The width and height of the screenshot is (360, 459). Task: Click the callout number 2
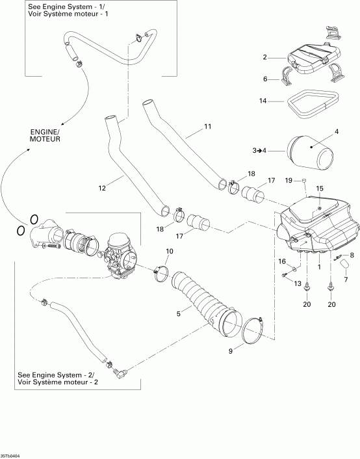265,58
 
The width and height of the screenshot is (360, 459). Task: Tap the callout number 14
263,101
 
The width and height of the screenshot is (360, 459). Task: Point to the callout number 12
102,189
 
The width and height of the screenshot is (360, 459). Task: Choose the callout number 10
169,251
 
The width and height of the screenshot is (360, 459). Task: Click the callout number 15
319,189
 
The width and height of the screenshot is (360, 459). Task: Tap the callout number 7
346,280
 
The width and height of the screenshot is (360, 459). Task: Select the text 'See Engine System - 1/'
62,8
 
